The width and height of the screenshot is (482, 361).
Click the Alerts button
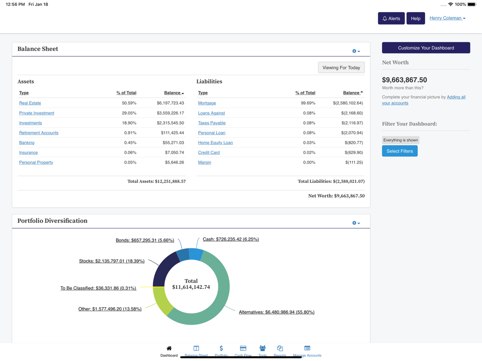pyautogui.click(x=391, y=18)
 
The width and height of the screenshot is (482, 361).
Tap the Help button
pyautogui.click(x=415, y=18)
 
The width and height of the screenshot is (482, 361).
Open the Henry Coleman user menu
pyautogui.click(x=447, y=18)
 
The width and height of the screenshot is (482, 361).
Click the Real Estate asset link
pyautogui.click(x=30, y=103)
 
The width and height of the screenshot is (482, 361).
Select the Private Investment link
pyautogui.click(x=37, y=113)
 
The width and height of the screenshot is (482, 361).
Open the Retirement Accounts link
pyautogui.click(x=39, y=133)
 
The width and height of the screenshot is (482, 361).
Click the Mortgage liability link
pyautogui.click(x=207, y=103)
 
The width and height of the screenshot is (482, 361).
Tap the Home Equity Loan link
pyautogui.click(x=215, y=143)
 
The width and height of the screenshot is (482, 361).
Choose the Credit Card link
pyautogui.click(x=209, y=153)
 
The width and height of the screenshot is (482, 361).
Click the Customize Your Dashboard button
pyautogui.click(x=426, y=48)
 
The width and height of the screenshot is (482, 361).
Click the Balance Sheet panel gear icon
pyautogui.click(x=356, y=51)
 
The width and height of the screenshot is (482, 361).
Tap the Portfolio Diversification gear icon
pyautogui.click(x=356, y=223)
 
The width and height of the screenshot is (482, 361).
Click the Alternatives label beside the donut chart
pyautogui.click(x=276, y=312)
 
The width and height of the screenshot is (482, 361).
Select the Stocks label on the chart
pyautogui.click(x=111, y=261)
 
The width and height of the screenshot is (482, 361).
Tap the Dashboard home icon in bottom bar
pyautogui.click(x=169, y=348)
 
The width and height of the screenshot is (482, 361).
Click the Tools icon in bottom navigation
pyautogui.click(x=262, y=348)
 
